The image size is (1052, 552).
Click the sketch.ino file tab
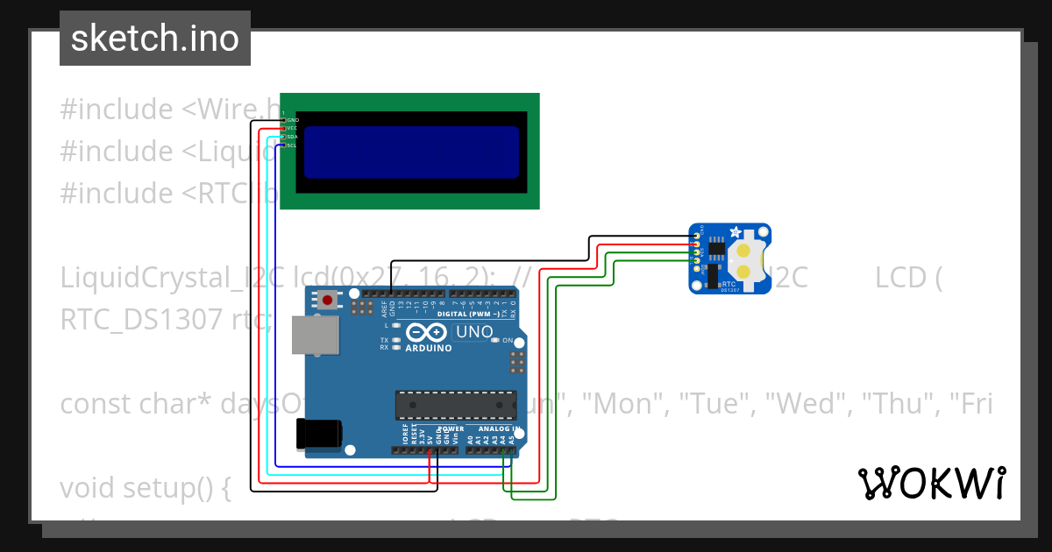pyautogui.click(x=154, y=39)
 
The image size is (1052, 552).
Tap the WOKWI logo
pyautogui.click(x=931, y=483)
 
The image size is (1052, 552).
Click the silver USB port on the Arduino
pyautogui.click(x=316, y=335)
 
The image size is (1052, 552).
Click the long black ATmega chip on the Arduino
pyautogui.click(x=454, y=404)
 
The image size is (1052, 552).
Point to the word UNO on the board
pyautogui.click(x=473, y=332)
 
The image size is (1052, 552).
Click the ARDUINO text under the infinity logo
pyautogui.click(x=428, y=348)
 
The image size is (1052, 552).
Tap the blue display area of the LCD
pyautogui.click(x=410, y=152)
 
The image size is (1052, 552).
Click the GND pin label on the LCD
pyautogui.click(x=293, y=120)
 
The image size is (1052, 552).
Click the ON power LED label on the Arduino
pyautogui.click(x=507, y=340)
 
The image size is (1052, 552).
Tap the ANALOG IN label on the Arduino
pyautogui.click(x=500, y=429)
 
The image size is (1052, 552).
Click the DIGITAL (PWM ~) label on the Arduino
pyautogui.click(x=468, y=314)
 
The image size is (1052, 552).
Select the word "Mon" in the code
pyautogui.click(x=628, y=404)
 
